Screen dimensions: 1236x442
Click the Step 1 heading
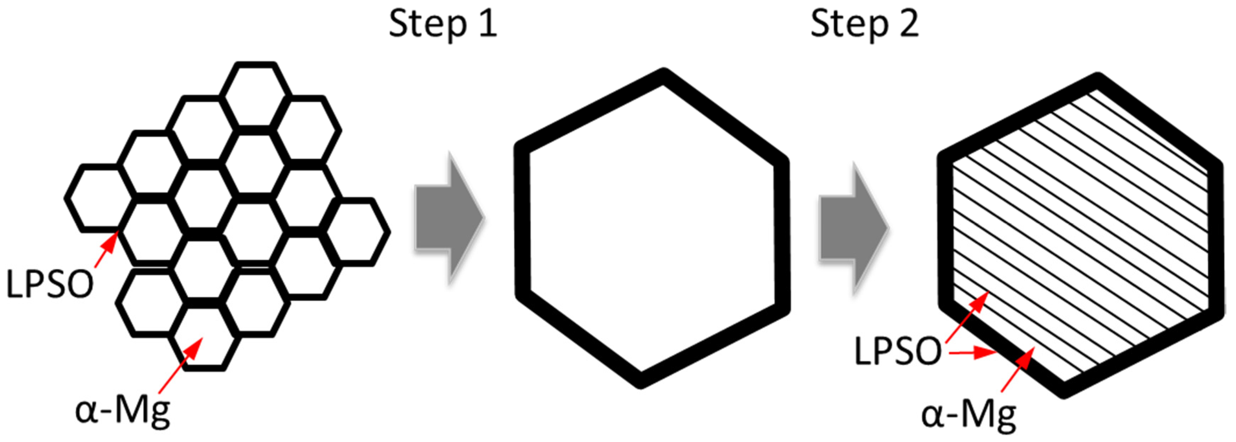click(x=442, y=24)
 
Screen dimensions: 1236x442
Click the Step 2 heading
click(x=864, y=24)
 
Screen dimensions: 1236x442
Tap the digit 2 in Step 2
click(x=908, y=24)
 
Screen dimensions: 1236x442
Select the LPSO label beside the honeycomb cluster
click(x=49, y=284)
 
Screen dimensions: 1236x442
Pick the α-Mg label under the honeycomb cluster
click(x=123, y=412)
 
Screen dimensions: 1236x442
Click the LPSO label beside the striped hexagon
click(x=898, y=352)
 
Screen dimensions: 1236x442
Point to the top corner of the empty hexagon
click(x=664, y=77)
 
